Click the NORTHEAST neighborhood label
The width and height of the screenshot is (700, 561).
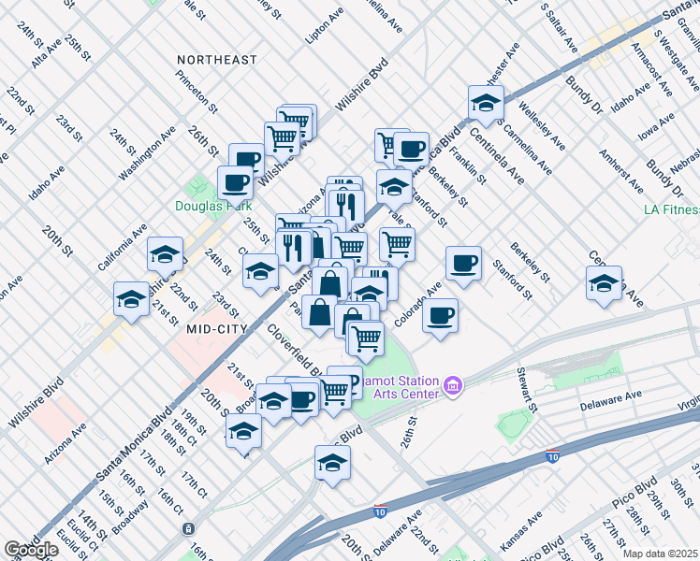coord(216,60)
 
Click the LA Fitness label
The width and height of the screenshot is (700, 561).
coord(671,209)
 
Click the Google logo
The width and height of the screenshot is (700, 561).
coord(31,550)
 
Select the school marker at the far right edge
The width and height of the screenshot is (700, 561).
coord(604,282)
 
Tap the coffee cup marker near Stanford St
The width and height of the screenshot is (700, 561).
coord(462,263)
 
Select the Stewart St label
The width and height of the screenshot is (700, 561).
coord(526,390)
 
